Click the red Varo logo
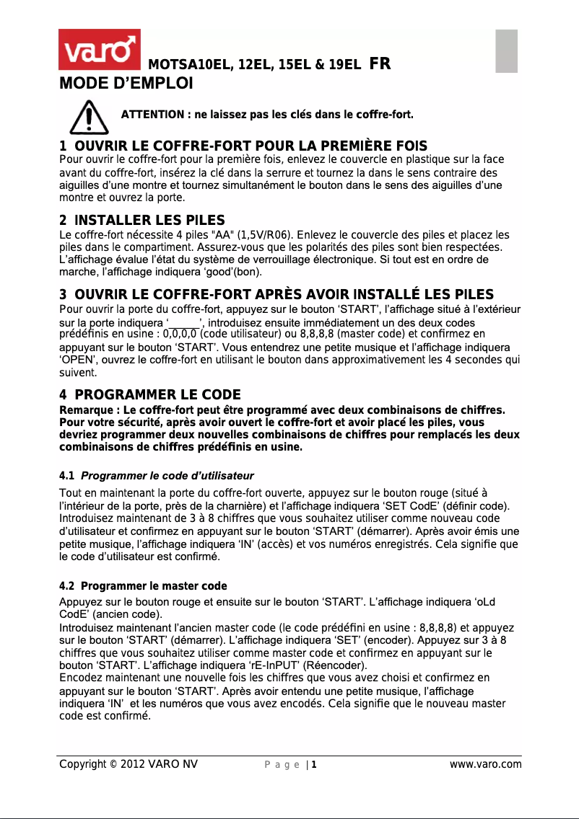tap(99, 50)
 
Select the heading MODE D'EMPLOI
tap(126, 84)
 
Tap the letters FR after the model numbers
tap(380, 65)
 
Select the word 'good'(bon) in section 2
tap(233, 272)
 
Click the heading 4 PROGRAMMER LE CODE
tap(149, 394)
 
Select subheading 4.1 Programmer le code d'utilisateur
tap(156, 476)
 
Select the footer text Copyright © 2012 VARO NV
tap(128, 764)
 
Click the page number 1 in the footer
tap(313, 764)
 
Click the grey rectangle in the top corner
tap(507, 50)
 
